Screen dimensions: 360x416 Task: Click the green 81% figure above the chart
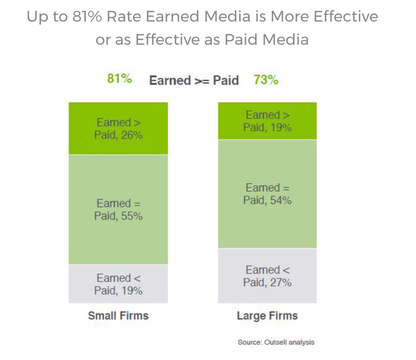coord(119,78)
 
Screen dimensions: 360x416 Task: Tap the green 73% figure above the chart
coord(266,80)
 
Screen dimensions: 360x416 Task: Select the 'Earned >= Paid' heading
coord(194,80)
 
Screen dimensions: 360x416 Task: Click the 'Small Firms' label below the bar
coord(118,316)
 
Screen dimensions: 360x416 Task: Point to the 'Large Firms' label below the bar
coord(267,316)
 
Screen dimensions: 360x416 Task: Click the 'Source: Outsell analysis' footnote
coord(276,342)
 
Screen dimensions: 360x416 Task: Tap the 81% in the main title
coord(87,17)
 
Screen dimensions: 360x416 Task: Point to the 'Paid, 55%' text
coord(118,216)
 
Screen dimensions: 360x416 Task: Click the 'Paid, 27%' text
coord(267,283)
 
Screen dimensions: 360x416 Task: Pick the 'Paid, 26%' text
coord(118,135)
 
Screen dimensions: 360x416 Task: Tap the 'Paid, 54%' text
coord(267,200)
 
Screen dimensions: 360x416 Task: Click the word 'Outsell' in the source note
coord(276,342)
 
